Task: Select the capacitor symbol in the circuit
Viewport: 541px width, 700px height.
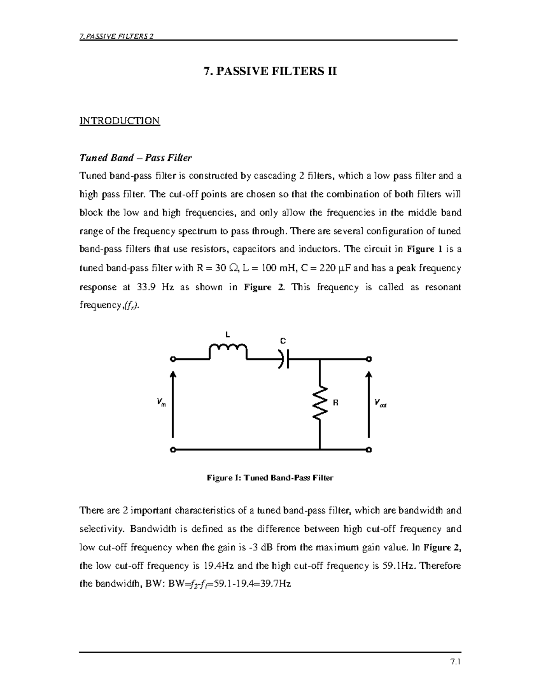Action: point(284,359)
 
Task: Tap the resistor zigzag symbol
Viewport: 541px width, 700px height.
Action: point(320,403)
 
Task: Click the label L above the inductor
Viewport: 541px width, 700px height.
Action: point(228,334)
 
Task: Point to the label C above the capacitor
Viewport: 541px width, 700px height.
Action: point(283,341)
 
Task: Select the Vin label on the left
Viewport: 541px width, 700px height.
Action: point(161,403)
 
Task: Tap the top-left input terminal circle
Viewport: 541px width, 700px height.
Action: point(173,359)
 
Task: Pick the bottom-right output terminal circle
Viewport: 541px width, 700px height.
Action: point(369,450)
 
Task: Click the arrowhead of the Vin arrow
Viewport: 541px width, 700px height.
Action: point(173,375)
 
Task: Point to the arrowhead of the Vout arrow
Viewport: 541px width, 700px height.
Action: point(369,375)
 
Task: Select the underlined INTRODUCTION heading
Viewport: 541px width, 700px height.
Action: point(119,121)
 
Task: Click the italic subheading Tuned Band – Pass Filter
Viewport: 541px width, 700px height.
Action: point(135,158)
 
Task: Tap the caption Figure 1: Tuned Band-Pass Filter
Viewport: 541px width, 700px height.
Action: point(270,478)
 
